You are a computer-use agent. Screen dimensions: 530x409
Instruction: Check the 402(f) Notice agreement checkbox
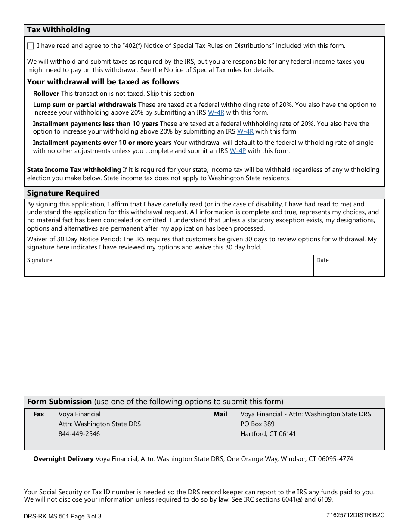[30, 46]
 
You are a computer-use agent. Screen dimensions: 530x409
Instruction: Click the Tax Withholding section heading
[59, 30]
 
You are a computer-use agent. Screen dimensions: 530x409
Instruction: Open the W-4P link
[238, 151]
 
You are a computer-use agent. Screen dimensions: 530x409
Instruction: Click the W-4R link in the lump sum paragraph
[216, 112]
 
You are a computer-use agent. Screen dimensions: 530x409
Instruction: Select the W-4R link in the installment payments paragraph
[245, 131]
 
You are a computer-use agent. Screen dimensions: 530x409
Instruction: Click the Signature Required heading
[63, 193]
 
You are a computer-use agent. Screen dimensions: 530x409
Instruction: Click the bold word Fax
[39, 414]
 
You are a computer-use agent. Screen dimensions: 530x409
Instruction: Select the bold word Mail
[220, 414]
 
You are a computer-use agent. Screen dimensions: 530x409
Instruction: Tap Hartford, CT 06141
[268, 434]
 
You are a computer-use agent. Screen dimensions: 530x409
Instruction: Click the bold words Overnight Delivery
[63, 459]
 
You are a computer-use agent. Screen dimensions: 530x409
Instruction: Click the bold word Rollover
[46, 94]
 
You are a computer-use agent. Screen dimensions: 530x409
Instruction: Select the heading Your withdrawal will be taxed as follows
[103, 82]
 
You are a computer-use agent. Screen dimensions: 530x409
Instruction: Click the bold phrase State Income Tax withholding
[74, 170]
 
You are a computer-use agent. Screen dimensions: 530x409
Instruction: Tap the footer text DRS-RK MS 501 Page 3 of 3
[63, 516]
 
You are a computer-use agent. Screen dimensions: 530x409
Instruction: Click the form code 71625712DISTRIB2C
[355, 515]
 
